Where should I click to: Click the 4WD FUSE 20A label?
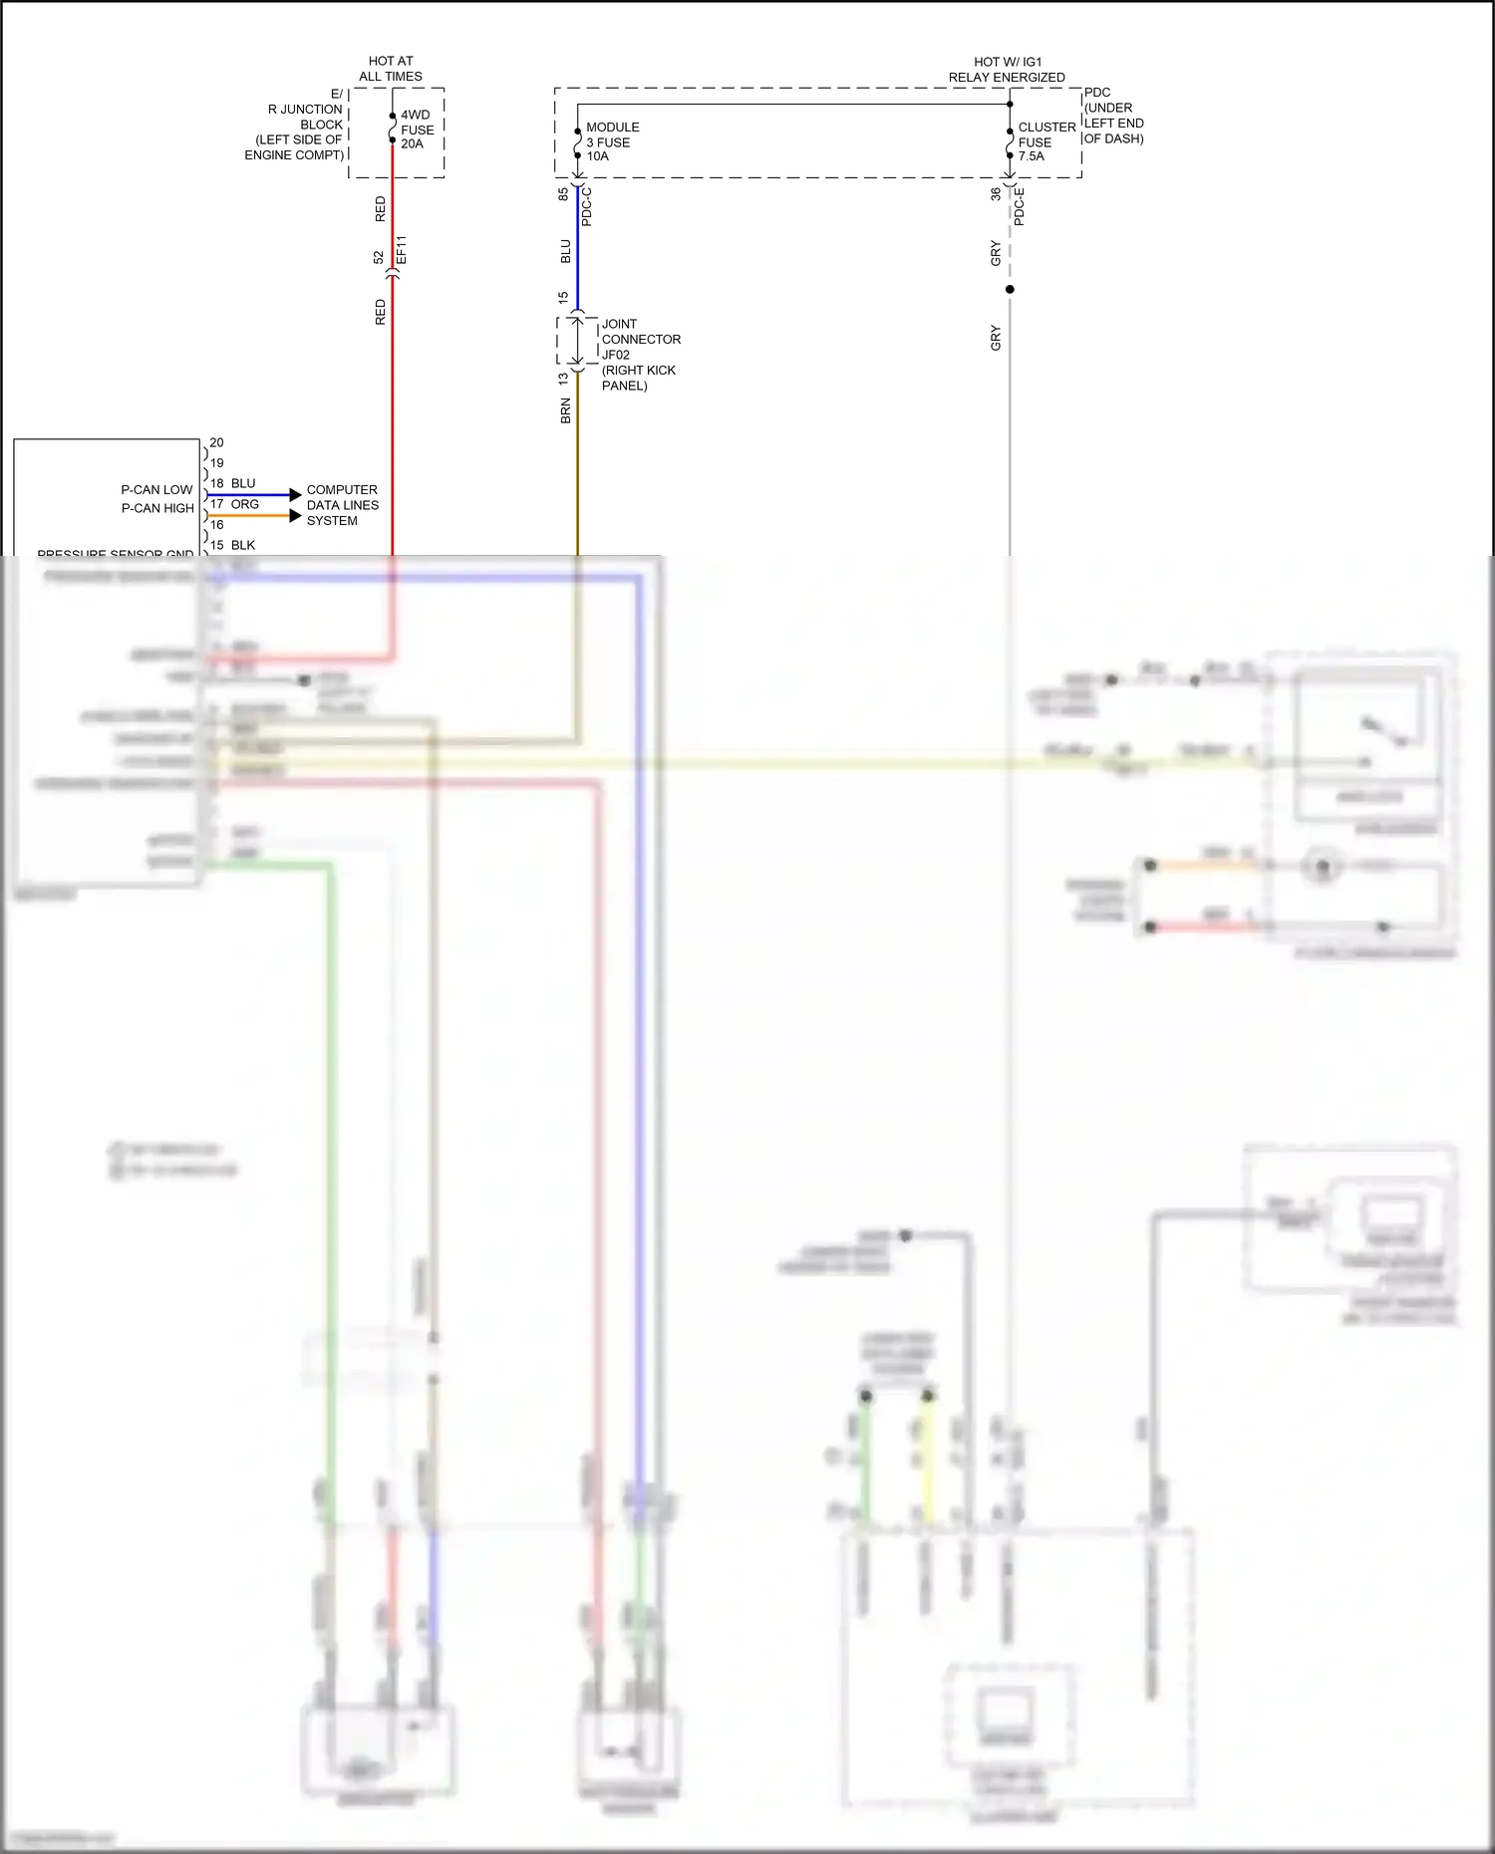click(x=417, y=130)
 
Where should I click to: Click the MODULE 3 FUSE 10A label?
click(x=612, y=141)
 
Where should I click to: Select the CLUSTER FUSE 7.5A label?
click(x=1046, y=141)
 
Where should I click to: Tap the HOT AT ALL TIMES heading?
click(x=391, y=69)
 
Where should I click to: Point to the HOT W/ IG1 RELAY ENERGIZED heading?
click(x=1007, y=70)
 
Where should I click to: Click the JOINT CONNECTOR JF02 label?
click(x=640, y=354)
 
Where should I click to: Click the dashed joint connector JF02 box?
click(x=576, y=342)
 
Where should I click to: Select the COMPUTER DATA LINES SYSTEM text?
click(x=342, y=505)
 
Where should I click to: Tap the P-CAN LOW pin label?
click(x=156, y=490)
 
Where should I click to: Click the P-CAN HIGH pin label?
click(x=157, y=508)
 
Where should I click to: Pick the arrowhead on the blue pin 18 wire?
click(x=295, y=495)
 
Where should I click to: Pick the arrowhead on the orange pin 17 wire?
click(x=295, y=516)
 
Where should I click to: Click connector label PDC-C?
click(x=587, y=206)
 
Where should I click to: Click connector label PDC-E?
click(x=1020, y=207)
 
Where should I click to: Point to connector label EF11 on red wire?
click(x=402, y=250)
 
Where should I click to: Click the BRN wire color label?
click(x=565, y=411)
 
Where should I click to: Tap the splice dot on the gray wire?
click(x=1010, y=289)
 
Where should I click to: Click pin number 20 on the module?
click(x=216, y=442)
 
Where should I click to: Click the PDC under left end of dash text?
click(x=1113, y=116)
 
